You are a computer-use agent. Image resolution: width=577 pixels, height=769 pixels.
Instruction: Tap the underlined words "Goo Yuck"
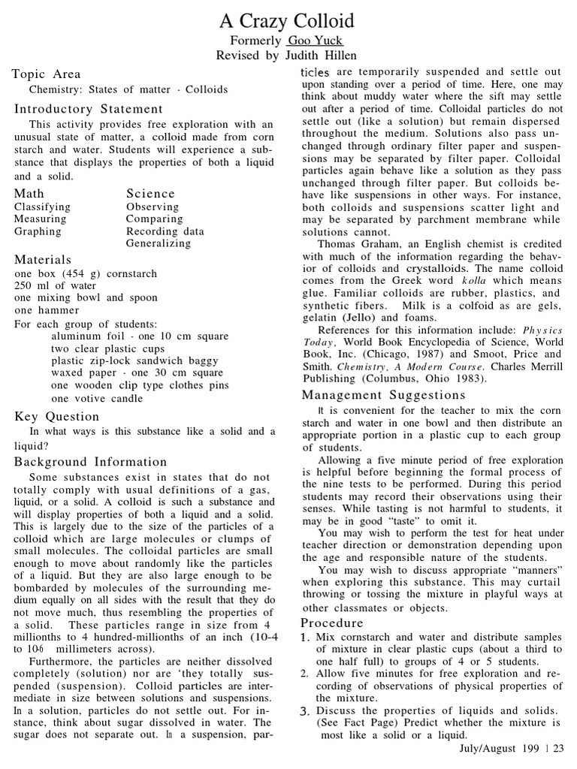pos(315,41)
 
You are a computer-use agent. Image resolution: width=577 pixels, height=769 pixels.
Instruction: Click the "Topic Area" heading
pos(47,74)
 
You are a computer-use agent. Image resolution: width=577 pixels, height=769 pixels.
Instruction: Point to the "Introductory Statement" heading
pos(89,109)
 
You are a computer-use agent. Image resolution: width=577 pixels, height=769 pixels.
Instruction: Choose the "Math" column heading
pos(29,194)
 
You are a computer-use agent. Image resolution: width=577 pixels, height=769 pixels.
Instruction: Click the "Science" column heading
pos(150,194)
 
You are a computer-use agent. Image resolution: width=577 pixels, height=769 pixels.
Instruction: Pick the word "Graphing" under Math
pos(38,231)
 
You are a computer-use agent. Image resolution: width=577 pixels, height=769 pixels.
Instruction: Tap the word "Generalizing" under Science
pos(159,243)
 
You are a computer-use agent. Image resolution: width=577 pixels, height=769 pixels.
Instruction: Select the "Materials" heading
pos(43,260)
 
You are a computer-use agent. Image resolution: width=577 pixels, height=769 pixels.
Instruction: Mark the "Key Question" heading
pos(57,417)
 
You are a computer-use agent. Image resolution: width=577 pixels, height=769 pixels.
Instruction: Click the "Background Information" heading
pos(91,462)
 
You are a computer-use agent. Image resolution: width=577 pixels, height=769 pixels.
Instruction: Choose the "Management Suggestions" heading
pos(383,395)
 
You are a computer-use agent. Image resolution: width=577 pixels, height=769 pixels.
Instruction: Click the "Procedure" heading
pos(332,623)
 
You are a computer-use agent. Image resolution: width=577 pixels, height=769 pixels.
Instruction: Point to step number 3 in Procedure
pos(306,710)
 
